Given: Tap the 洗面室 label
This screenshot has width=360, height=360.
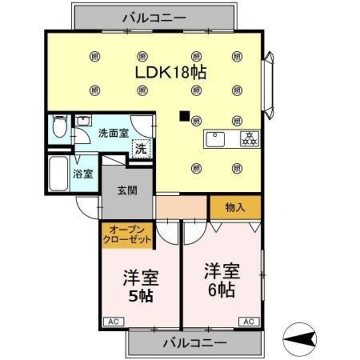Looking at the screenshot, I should point(113,133).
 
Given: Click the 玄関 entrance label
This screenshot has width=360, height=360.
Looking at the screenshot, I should point(127,191).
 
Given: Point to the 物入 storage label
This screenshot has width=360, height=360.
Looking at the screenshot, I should point(236,207).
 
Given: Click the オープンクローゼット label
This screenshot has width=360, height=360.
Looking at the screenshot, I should point(127,234).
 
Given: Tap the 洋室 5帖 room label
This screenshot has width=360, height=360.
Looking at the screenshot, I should point(141,286).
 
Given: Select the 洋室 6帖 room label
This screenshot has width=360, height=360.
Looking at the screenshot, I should point(222,280).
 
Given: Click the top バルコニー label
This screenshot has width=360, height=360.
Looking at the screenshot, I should point(154,18).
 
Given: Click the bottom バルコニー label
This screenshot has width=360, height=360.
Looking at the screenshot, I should point(195,343).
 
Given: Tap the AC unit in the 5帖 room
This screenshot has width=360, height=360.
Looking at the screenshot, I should point(111,322).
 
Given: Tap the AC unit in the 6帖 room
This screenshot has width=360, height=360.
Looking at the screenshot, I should point(248,322).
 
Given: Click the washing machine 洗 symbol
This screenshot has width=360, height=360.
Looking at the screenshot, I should point(141,150).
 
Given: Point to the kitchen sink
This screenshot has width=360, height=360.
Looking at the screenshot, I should point(216,139).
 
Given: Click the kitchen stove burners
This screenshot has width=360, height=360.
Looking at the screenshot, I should point(248,139).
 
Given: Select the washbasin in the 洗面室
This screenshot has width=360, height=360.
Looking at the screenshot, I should point(83,121).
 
